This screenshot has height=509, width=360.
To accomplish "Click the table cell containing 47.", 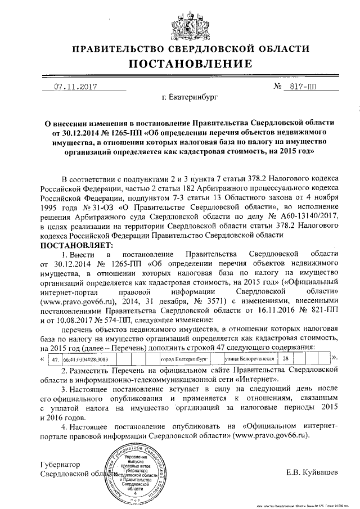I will [x=55, y=358].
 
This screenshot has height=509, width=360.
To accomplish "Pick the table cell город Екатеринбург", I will [x=181, y=358].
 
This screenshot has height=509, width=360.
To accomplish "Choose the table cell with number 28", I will [x=286, y=358].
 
